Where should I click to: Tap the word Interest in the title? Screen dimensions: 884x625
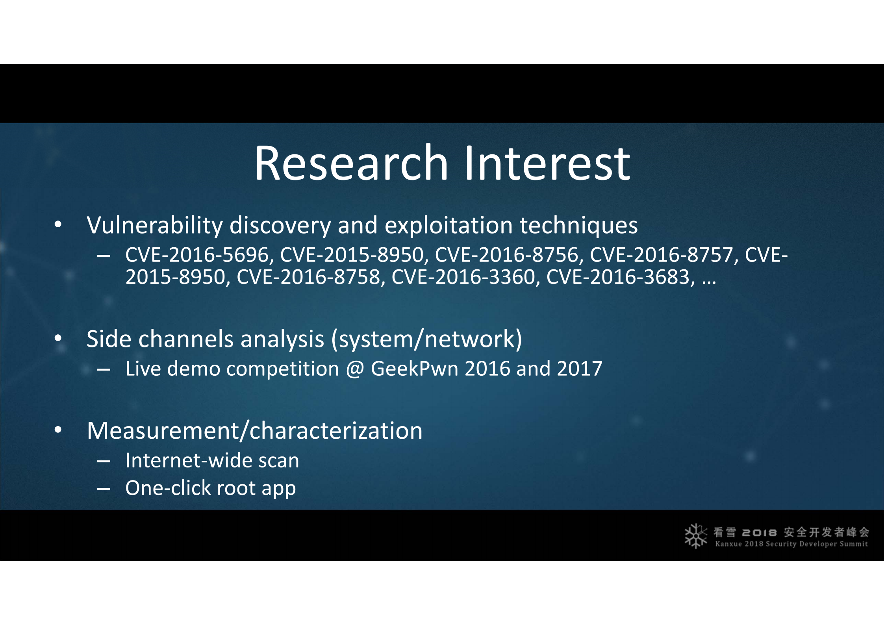pos(548,163)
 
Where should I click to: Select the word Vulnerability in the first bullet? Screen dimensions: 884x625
pos(155,226)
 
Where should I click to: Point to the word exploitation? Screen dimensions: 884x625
pos(448,226)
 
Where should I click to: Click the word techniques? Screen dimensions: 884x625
pos(578,226)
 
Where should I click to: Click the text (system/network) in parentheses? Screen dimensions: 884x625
pos(427,339)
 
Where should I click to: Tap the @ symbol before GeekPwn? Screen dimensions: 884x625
pos(355,369)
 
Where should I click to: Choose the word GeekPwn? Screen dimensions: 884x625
pos(414,369)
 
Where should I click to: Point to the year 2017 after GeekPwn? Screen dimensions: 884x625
pos(580,369)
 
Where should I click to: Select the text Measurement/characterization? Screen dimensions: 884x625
pos(255,430)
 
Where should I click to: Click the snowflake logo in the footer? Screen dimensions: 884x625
pos(695,536)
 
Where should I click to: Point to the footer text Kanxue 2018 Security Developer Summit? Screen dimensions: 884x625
pos(791,544)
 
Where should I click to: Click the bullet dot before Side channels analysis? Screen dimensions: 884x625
pos(58,338)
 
